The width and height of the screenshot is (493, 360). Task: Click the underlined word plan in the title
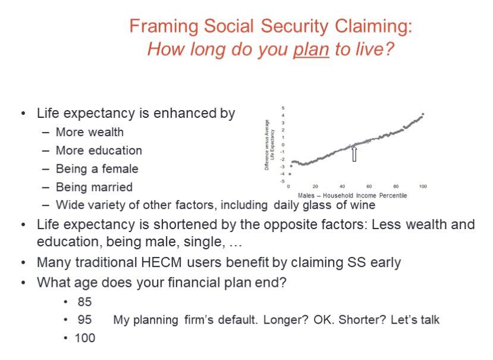tap(311, 48)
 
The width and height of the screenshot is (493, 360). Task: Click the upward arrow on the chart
tap(354, 154)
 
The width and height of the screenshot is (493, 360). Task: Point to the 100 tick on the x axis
tap(423, 187)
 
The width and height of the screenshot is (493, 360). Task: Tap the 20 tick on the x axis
tap(315, 187)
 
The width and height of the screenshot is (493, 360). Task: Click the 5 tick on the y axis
tap(283, 108)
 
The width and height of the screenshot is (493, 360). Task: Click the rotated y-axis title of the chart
tap(270, 145)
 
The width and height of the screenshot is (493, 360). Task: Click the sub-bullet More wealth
tap(89, 132)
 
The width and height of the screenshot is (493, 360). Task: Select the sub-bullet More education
tap(99, 151)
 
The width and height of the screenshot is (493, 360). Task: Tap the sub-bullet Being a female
tap(96, 169)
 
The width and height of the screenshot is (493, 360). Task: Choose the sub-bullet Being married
tap(94, 187)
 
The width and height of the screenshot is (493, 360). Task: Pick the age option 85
tap(84, 302)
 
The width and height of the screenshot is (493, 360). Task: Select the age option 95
tap(84, 320)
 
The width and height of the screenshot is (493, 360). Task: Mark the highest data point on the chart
tap(423, 114)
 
